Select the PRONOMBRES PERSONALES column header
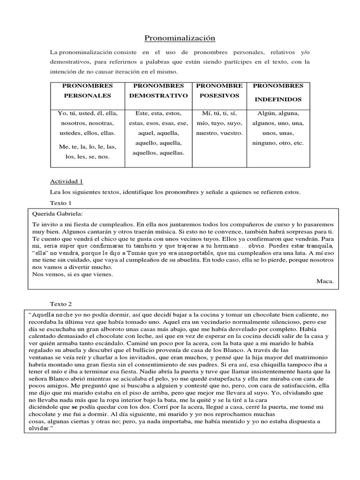[88, 90]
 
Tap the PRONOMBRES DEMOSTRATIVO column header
[158, 90]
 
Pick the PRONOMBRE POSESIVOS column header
[219, 90]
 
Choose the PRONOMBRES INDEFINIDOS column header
[278, 92]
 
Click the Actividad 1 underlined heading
[66, 181]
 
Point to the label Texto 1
[60, 203]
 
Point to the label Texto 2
[60, 304]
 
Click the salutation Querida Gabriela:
[57, 213]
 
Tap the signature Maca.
[325, 281]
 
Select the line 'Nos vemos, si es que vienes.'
[73, 274]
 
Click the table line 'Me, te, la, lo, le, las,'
[87, 147]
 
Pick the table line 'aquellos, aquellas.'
[158, 153]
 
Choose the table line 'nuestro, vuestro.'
[219, 133]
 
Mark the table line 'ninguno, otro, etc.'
[278, 143]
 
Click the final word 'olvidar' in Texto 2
[38, 428]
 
